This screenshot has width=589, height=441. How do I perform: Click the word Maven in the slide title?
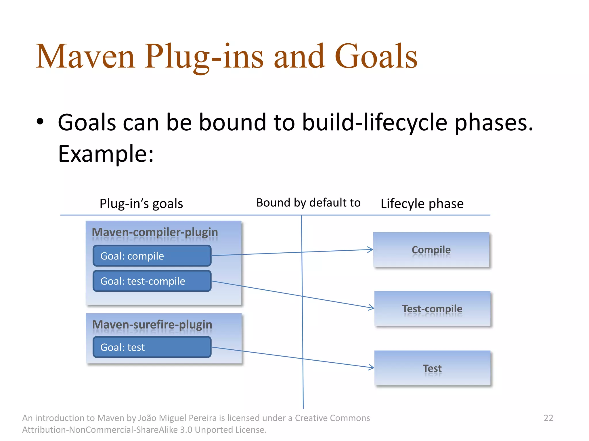click(85, 57)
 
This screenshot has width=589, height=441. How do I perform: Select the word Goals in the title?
click(376, 57)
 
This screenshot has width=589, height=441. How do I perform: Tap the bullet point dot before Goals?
click(40, 122)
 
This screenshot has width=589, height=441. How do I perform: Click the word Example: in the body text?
click(106, 154)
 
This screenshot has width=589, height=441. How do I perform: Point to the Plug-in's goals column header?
click(141, 204)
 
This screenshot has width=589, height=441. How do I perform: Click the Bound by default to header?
click(308, 203)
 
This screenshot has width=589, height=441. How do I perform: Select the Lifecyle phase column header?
click(422, 204)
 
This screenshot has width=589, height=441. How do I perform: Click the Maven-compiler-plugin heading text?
click(155, 232)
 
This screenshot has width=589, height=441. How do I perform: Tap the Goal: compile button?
click(152, 256)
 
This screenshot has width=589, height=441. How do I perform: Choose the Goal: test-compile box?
click(152, 281)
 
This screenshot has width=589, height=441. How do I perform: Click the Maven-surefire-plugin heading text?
click(152, 324)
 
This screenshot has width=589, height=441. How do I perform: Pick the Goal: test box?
click(152, 347)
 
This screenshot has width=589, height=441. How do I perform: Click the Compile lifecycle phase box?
click(431, 250)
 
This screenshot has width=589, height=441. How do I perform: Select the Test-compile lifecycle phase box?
click(432, 309)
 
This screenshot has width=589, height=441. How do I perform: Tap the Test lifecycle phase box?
click(432, 368)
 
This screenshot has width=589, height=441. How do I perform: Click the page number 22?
click(548, 418)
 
